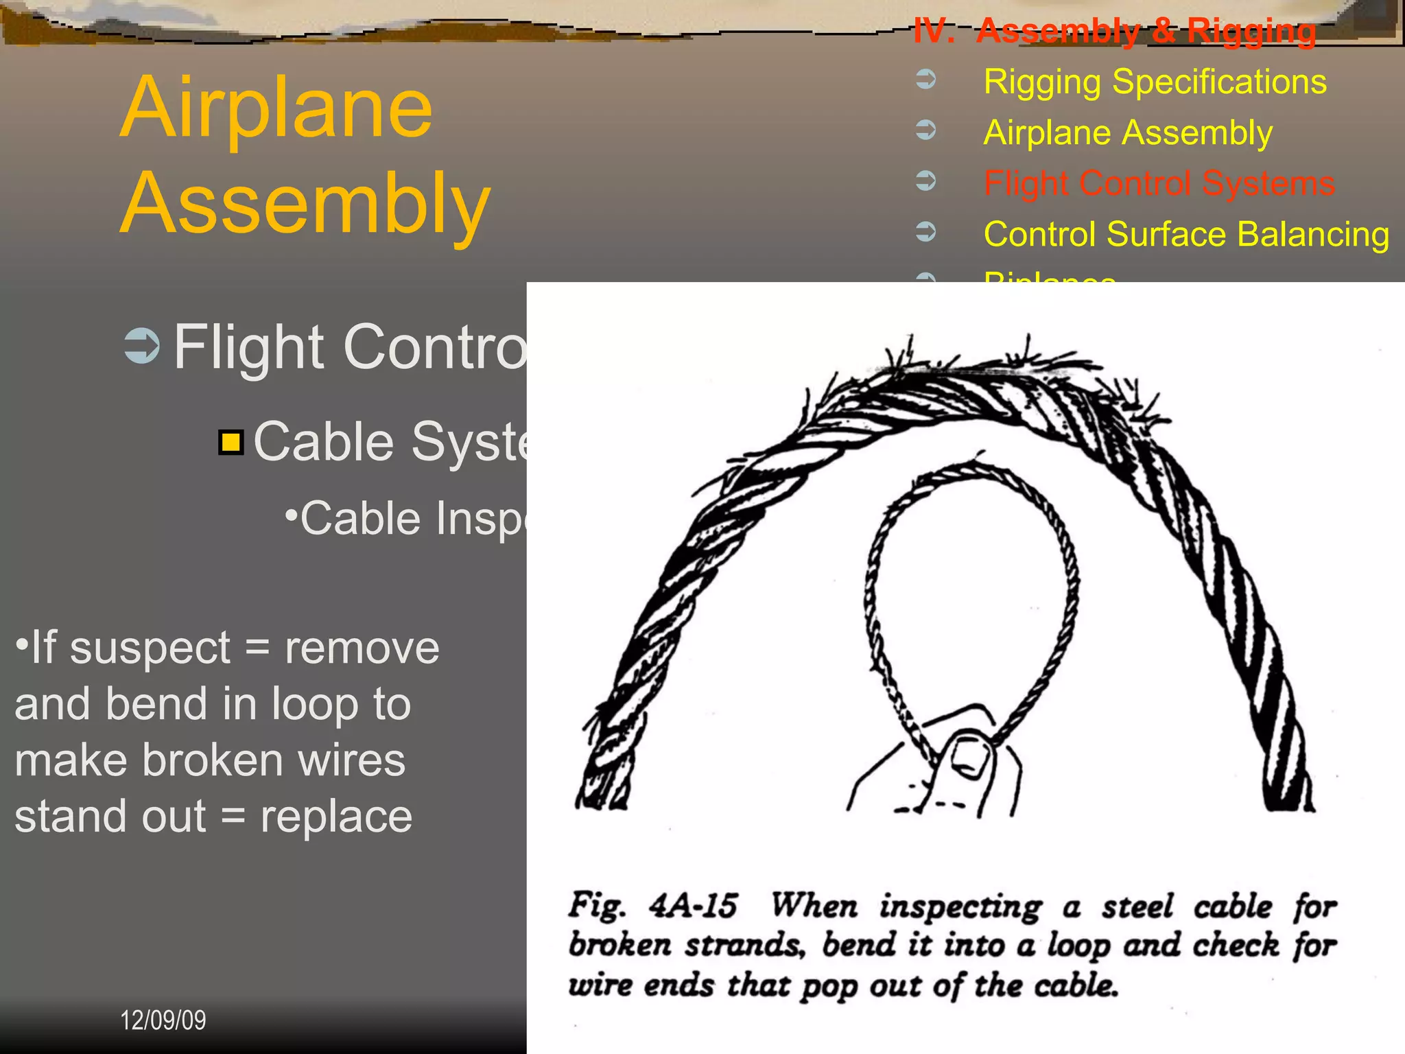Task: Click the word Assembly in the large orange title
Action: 305,204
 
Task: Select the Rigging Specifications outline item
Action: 1155,82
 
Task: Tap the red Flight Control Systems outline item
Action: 1159,183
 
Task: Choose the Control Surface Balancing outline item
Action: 1186,234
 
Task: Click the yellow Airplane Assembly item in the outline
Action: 1128,132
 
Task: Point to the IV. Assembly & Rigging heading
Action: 1114,31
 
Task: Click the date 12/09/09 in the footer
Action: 163,1020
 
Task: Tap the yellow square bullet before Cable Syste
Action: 231,443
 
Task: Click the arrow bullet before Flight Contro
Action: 142,346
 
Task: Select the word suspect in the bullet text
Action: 150,648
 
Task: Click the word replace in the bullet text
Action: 336,817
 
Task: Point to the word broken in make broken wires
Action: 213,760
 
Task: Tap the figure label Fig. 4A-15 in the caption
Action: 652,906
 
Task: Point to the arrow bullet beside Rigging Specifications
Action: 926,80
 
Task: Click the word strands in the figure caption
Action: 744,946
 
